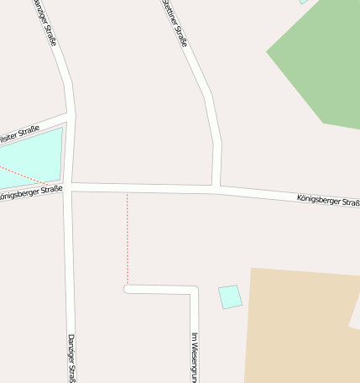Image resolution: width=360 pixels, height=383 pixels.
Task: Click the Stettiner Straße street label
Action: [175, 23]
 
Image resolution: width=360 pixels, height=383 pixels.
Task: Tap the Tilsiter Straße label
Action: [18, 132]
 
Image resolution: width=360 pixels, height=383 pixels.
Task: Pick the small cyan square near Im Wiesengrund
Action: [230, 296]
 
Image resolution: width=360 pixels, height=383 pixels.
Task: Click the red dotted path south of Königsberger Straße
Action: [128, 239]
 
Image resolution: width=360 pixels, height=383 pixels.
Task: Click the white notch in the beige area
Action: [355, 317]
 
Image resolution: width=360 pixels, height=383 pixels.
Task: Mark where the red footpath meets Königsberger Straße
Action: [128, 191]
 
